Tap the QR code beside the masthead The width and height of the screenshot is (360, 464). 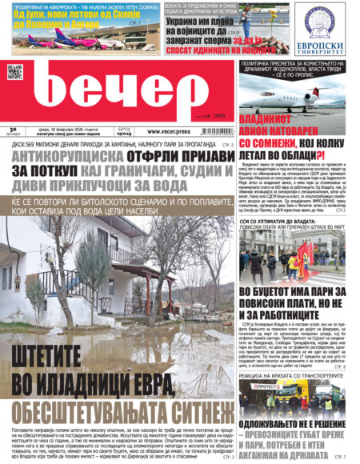click(14, 72)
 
